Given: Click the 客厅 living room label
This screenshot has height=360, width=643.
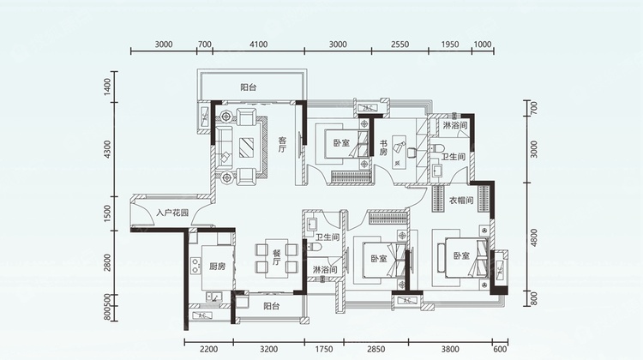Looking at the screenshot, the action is pyautogui.click(x=282, y=145).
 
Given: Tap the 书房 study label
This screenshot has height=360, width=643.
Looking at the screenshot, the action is pyautogui.click(x=383, y=148).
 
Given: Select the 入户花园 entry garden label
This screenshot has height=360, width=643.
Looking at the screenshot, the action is pyautogui.click(x=172, y=213).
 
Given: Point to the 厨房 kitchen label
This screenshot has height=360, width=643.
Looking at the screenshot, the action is pyautogui.click(x=218, y=267).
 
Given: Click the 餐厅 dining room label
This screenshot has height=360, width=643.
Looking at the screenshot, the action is pyautogui.click(x=276, y=257).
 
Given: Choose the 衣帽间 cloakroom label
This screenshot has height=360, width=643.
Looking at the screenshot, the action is pyautogui.click(x=461, y=200).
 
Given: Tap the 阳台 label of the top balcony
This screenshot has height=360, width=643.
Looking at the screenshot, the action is pyautogui.click(x=249, y=87).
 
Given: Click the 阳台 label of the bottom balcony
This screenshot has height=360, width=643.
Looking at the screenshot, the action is pyautogui.click(x=272, y=306).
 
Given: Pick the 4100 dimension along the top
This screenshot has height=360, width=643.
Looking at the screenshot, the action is pyautogui.click(x=258, y=45).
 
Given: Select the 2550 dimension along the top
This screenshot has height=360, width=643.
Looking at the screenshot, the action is pyautogui.click(x=400, y=45).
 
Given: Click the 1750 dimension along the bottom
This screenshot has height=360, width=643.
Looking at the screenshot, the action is pyautogui.click(x=324, y=350).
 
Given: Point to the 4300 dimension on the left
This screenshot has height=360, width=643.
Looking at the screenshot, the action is pyautogui.click(x=107, y=149).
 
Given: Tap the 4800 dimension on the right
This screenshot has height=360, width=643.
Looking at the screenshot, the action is pyautogui.click(x=533, y=237).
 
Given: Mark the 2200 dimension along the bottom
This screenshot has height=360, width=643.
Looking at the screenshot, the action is pyautogui.click(x=208, y=350).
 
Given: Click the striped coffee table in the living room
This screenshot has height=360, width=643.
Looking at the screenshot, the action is pyautogui.click(x=246, y=147).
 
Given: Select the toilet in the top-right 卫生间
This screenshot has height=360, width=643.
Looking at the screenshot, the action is pyautogui.click(x=437, y=148).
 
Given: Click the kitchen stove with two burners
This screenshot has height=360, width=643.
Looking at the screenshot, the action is pyautogui.click(x=195, y=265).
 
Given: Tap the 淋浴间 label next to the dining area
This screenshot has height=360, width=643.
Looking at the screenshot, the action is pyautogui.click(x=325, y=269).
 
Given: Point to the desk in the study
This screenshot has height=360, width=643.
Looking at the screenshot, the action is pyautogui.click(x=398, y=152).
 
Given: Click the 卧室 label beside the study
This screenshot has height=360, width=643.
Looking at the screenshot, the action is pyautogui.click(x=341, y=143).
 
